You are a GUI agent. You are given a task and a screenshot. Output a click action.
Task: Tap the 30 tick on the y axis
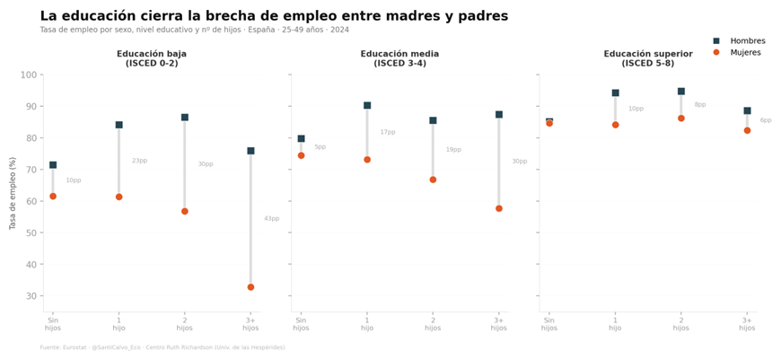click(33, 296)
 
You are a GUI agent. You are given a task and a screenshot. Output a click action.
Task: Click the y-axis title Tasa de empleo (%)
click(13, 193)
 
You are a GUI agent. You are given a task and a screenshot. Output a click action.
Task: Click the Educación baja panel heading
click(152, 58)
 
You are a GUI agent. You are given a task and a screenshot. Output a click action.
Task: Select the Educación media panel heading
click(399, 58)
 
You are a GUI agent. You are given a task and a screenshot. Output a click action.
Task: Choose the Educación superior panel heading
click(648, 58)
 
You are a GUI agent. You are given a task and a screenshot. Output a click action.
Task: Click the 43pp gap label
click(271, 218)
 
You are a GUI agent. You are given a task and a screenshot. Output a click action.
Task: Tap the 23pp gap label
click(139, 161)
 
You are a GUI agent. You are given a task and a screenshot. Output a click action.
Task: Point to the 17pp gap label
click(388, 132)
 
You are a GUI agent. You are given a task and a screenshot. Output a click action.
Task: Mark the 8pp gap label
click(700, 105)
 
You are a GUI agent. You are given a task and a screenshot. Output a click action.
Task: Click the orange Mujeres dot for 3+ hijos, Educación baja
click(250, 287)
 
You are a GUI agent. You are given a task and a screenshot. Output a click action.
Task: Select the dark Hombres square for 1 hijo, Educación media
click(367, 106)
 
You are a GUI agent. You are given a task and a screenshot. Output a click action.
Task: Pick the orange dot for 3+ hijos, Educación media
click(499, 208)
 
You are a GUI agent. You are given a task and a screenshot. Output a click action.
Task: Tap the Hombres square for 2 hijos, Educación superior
click(681, 92)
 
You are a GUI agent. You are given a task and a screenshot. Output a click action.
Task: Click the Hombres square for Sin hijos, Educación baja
click(53, 165)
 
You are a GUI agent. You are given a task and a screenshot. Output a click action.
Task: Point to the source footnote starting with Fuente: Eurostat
click(162, 347)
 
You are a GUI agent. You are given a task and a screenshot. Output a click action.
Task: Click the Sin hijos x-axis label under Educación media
click(301, 323)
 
